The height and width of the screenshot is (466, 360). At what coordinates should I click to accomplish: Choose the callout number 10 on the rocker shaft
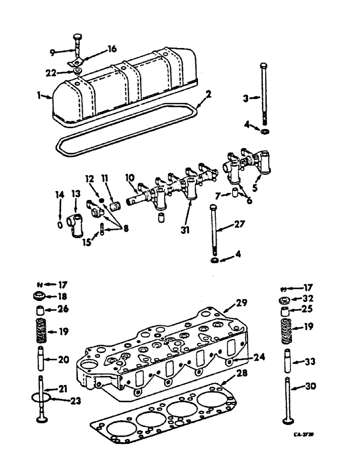click(130, 178)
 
